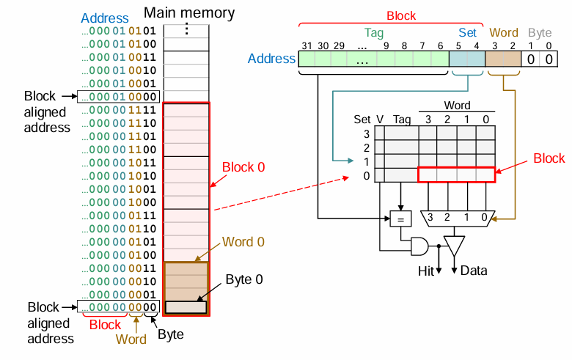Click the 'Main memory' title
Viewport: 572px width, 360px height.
(189, 12)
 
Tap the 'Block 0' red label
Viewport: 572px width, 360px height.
(243, 167)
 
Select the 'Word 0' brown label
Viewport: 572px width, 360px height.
(243, 242)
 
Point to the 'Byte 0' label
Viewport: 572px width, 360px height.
(244, 279)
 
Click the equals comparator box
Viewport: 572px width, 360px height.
(400, 218)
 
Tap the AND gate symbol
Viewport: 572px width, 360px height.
(419, 246)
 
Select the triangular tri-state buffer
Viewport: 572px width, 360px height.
(454, 246)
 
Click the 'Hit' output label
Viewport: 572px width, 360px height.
(426, 271)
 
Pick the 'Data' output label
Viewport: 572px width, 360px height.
(474, 271)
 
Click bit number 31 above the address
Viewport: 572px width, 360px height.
(307, 46)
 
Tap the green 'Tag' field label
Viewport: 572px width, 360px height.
(374, 33)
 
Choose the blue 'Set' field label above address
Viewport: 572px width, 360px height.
(467, 32)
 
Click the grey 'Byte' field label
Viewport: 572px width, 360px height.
(540, 33)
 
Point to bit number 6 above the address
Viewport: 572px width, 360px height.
(440, 46)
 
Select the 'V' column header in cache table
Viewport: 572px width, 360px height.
(380, 120)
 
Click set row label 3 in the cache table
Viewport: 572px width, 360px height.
(367, 134)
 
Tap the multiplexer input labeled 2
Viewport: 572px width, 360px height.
(447, 217)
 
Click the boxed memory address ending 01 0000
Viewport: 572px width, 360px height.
(119, 97)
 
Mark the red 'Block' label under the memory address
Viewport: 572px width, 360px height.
(105, 325)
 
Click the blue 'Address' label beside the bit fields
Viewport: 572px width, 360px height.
(271, 59)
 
